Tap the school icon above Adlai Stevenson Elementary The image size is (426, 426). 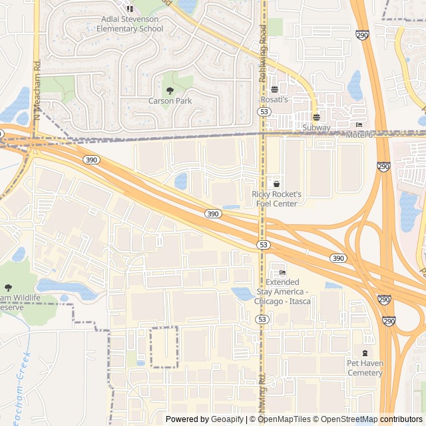[x=130, y=9]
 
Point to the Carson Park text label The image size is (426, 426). [x=170, y=101]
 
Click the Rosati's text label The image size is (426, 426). [x=274, y=99]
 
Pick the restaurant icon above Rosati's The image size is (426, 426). [x=274, y=89]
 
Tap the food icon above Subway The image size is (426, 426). [x=316, y=116]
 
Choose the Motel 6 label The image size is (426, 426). [x=359, y=135]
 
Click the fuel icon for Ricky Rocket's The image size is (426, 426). [x=277, y=184]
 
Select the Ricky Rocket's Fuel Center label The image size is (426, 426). [x=277, y=198]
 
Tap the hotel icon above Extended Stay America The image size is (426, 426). [x=282, y=272]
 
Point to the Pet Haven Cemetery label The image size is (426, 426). [x=365, y=368]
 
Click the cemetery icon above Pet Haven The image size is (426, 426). [x=365, y=353]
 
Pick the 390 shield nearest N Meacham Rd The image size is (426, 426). [x=91, y=160]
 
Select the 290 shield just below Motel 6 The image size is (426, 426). [x=383, y=167]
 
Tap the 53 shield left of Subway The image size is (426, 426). [x=265, y=112]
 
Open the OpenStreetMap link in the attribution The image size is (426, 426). [x=345, y=419]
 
